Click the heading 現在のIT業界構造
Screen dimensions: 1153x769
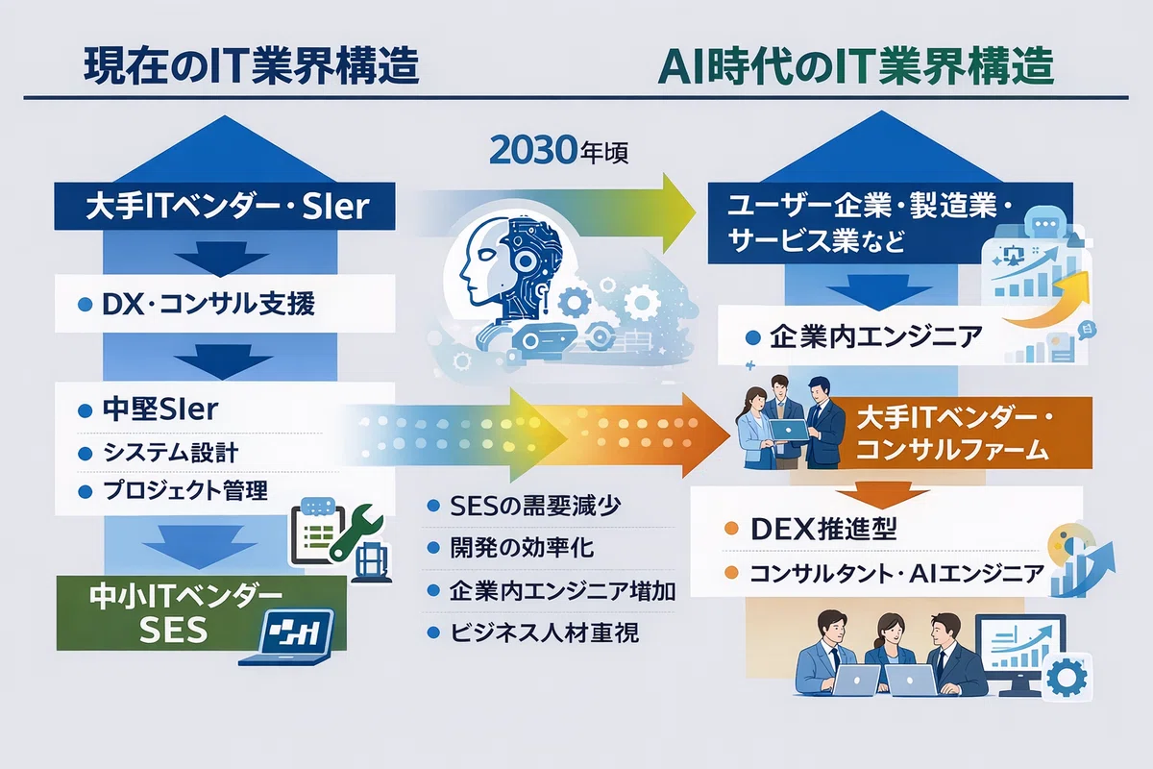[251, 66]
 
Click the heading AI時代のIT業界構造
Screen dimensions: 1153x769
[855, 66]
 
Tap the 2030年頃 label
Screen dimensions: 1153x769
[559, 151]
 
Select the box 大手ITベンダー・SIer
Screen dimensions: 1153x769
[225, 206]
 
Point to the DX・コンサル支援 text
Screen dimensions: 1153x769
[209, 304]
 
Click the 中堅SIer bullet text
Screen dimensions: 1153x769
[160, 409]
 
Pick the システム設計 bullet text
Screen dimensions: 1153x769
[170, 454]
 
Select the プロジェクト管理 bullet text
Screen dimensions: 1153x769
[185, 491]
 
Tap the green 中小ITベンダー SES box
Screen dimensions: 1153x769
[201, 613]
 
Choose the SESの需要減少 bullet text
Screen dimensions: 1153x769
[535, 507]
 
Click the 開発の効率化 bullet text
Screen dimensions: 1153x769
[522, 548]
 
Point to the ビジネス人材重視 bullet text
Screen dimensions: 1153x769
[545, 633]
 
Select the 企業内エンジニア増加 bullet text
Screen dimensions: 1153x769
[563, 591]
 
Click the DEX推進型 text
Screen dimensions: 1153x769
[823, 529]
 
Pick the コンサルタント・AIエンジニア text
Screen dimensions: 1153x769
[896, 573]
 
